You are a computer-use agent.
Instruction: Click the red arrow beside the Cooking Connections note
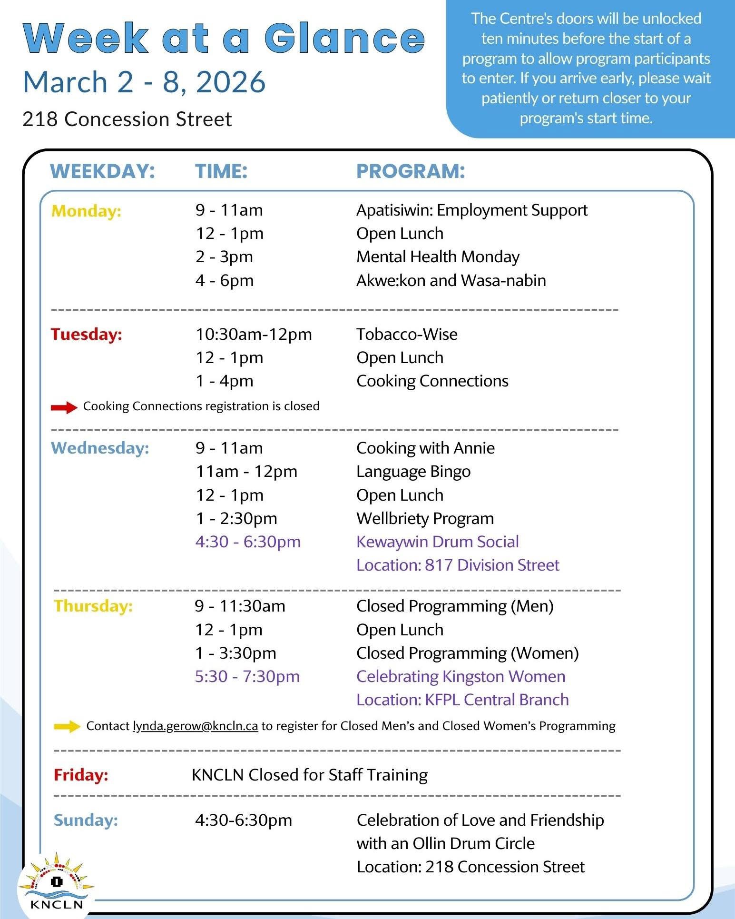(x=64, y=407)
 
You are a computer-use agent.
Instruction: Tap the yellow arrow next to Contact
(x=67, y=726)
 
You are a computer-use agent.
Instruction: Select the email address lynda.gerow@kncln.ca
(x=195, y=726)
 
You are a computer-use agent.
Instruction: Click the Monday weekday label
(x=86, y=211)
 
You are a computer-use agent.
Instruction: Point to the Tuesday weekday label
(x=86, y=334)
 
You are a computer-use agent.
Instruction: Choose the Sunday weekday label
(x=86, y=820)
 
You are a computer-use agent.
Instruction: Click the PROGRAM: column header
(x=411, y=171)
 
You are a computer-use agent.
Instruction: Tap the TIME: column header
(x=221, y=171)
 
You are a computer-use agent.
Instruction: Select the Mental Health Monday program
(x=438, y=257)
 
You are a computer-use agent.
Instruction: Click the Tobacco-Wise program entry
(x=407, y=334)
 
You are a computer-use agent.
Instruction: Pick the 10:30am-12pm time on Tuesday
(x=254, y=334)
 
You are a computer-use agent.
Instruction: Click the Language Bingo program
(x=413, y=472)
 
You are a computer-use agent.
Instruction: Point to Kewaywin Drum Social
(x=437, y=542)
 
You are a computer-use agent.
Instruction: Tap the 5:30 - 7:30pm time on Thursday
(x=247, y=676)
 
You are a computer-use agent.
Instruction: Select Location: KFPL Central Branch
(x=462, y=700)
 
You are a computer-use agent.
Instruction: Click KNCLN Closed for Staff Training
(x=309, y=775)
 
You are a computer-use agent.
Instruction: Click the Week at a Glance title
(x=223, y=38)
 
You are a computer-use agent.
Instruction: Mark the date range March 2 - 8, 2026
(x=144, y=82)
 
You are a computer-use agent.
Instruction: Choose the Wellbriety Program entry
(x=425, y=518)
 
